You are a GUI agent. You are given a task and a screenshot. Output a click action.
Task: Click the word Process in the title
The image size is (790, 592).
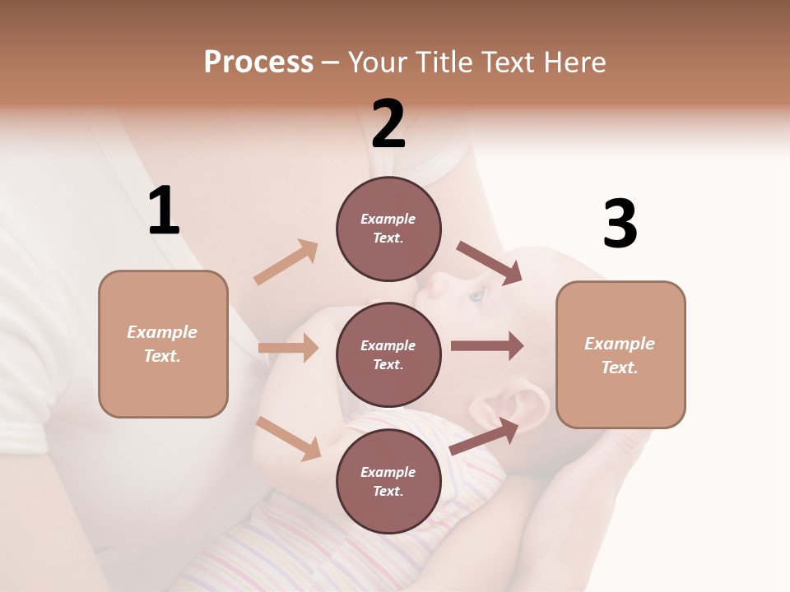258,62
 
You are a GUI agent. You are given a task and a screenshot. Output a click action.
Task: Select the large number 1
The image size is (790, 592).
164,211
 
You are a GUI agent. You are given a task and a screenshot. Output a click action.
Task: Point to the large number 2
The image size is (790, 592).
388,124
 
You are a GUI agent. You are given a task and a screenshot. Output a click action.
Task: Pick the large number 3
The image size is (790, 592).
620,224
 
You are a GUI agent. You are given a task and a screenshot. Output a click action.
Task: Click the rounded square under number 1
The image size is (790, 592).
163,344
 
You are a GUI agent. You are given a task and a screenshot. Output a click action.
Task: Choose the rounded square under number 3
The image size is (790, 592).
620,354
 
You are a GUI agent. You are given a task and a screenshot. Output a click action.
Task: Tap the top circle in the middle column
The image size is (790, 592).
388,229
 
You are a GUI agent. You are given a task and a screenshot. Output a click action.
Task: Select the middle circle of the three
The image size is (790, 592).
388,354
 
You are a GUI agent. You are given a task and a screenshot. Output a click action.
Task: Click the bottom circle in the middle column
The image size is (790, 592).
388,481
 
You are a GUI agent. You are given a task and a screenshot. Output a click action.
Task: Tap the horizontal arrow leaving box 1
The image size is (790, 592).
288,348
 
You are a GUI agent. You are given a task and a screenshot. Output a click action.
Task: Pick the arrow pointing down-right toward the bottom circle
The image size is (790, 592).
289,437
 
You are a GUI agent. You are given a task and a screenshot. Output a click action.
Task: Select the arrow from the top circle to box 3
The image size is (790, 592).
489,262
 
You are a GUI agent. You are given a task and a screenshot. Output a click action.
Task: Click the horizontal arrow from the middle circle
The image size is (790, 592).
487,345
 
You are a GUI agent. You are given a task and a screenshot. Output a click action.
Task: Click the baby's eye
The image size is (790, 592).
476,294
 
